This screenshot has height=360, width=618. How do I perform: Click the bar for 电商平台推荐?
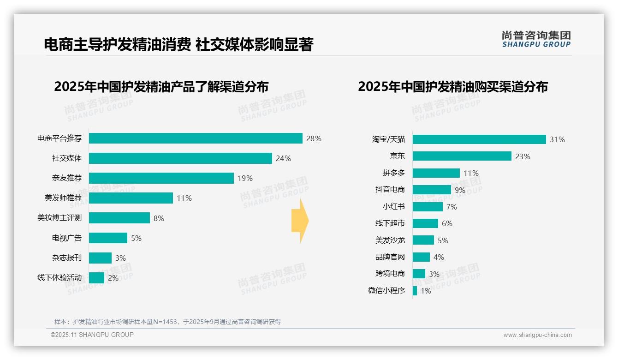[196, 138]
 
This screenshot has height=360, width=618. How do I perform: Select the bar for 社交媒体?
[180, 158]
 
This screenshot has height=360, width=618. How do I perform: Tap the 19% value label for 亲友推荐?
[245, 178]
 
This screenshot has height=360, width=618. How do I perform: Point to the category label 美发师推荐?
[63, 198]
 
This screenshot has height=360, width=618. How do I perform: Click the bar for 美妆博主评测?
[119, 218]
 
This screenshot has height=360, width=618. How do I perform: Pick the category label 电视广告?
[66, 238]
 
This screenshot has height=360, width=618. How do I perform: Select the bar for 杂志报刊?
[100, 258]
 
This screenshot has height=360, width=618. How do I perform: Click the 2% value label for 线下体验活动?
[113, 278]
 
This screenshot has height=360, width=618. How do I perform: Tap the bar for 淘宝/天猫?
[479, 139]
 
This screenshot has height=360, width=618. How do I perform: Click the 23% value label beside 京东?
[523, 156]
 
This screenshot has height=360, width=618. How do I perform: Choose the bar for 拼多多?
[436, 173]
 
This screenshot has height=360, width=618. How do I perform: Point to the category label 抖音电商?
[390, 190]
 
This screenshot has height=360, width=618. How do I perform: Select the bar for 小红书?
[428, 207]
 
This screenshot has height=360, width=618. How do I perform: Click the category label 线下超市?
[390, 223]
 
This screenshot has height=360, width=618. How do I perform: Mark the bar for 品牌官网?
[421, 257]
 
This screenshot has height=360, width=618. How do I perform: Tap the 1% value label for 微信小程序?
[425, 291]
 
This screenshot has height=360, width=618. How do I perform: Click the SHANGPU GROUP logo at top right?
[536, 39]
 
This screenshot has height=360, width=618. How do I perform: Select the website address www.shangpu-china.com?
[537, 335]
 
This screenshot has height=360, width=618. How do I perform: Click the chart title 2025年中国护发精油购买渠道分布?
[452, 87]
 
